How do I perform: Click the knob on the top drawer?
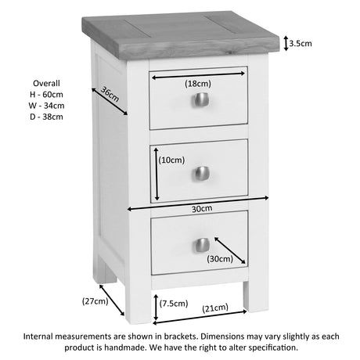coord(201,100)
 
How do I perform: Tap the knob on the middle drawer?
coord(202,174)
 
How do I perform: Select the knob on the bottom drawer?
coord(203,245)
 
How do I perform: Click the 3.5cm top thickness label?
coord(301,43)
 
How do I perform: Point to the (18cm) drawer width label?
coord(198,84)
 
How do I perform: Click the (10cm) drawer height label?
coord(171,160)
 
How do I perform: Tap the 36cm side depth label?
coord(110,94)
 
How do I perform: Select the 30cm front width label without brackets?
coord(202,209)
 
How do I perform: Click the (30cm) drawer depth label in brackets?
coord(220,259)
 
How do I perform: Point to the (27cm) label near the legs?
coord(95,301)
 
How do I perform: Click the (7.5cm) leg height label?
coord(174,304)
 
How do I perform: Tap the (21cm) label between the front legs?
coord(215,308)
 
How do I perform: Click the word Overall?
coord(46,84)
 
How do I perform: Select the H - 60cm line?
coord(46,95)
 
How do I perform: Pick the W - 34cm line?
coord(46,106)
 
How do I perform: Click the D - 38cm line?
coord(46,117)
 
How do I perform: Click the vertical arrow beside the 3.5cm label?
coord(286,43)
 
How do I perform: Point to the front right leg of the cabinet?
coord(256,297)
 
